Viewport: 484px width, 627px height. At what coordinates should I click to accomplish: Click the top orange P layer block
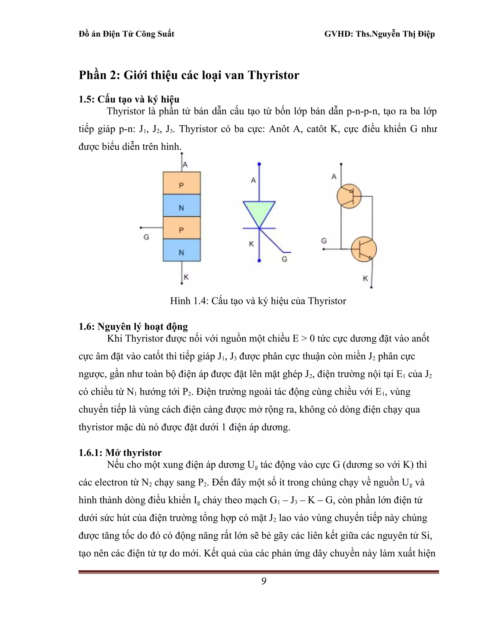(x=181, y=183)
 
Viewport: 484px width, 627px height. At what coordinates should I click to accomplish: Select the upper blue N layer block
(x=181, y=205)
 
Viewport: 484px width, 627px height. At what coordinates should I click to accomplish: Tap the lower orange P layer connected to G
(x=181, y=228)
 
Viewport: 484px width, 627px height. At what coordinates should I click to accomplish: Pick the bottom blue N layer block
(x=181, y=250)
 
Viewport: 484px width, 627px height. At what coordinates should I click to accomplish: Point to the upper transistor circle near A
(x=349, y=197)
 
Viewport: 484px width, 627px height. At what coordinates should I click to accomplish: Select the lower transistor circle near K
(x=363, y=249)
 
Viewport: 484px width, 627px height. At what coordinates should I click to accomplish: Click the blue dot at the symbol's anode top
(x=259, y=164)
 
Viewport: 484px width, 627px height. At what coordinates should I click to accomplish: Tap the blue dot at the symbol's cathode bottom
(x=259, y=261)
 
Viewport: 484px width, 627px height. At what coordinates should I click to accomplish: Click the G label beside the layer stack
(x=146, y=237)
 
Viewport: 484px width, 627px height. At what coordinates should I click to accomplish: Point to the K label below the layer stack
(x=186, y=277)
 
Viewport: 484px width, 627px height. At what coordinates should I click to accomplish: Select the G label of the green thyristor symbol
(x=285, y=259)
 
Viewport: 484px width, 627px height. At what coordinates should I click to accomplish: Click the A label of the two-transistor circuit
(x=334, y=177)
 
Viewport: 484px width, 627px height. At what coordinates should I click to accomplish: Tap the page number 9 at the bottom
(x=264, y=581)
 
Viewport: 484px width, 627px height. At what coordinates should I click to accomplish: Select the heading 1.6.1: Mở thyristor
(x=120, y=453)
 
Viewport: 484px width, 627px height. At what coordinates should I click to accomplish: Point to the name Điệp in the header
(x=425, y=34)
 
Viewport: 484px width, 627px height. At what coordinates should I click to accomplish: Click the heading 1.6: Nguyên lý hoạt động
(x=133, y=327)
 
